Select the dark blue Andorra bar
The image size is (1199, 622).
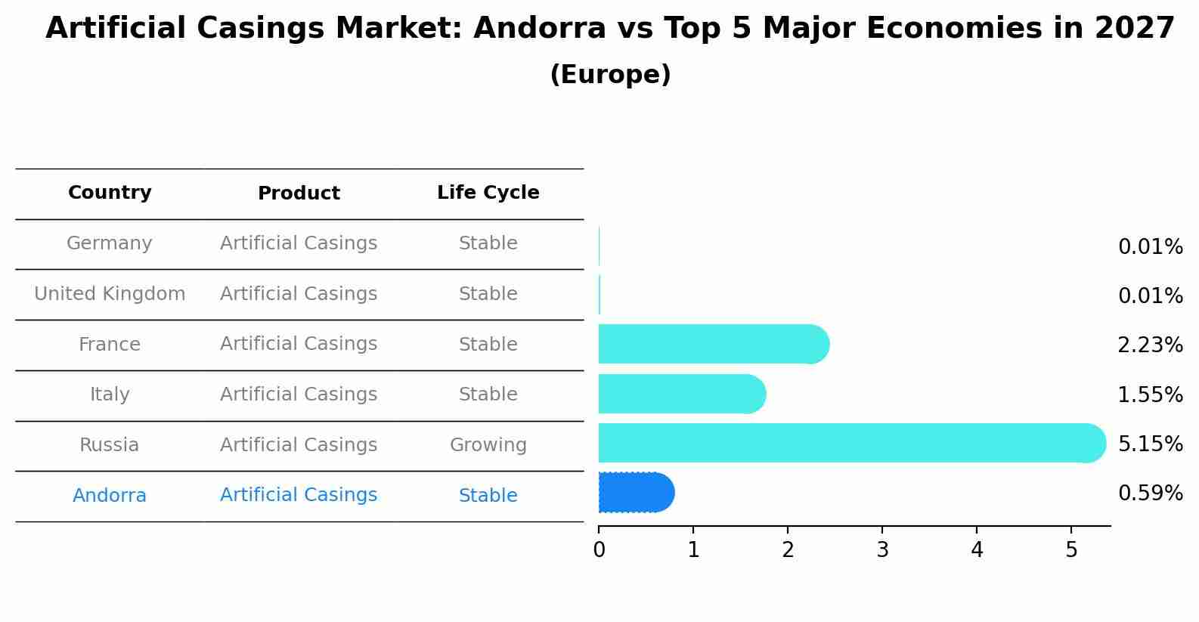[x=635, y=493]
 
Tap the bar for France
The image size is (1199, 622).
[x=713, y=344]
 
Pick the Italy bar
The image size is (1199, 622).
[x=681, y=394]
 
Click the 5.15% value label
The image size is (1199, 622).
[x=1150, y=444]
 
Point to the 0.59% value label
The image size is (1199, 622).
[x=1150, y=494]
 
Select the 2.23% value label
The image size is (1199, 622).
[x=1150, y=345]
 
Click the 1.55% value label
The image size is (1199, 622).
[x=1150, y=395]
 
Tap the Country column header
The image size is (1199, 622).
[x=110, y=193]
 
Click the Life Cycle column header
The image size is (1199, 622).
[x=488, y=193]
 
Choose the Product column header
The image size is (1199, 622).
[x=299, y=193]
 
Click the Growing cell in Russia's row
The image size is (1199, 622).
[x=488, y=445]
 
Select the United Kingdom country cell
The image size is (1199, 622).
[x=110, y=294]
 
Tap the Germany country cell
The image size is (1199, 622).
[x=110, y=243]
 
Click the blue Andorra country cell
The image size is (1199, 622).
[x=110, y=496]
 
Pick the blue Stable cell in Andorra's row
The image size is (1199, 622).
[x=488, y=496]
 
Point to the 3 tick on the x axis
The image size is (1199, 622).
[x=882, y=549]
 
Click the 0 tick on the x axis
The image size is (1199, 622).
[x=599, y=549]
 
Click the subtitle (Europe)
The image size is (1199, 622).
[x=610, y=75]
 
